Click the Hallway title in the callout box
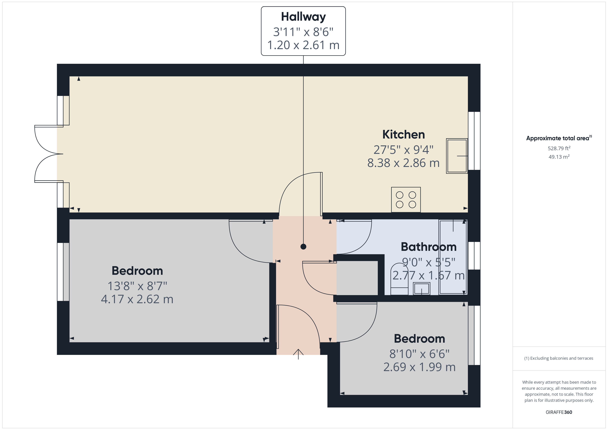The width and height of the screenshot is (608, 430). point(303,17)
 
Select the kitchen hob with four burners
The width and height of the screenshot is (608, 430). point(406,200)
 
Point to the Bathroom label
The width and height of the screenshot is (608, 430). point(428,247)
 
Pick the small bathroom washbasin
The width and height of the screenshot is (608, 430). point(421,289)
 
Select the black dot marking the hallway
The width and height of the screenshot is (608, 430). point(303,247)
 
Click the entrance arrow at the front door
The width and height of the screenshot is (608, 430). point(298,354)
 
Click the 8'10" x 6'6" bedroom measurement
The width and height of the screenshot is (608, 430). point(419,354)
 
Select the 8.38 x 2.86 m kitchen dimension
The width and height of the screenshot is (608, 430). point(403,163)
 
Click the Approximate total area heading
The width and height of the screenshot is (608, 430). point(558,138)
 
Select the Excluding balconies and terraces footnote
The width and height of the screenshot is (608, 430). point(559,358)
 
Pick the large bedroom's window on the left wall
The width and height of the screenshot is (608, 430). point(63,272)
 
